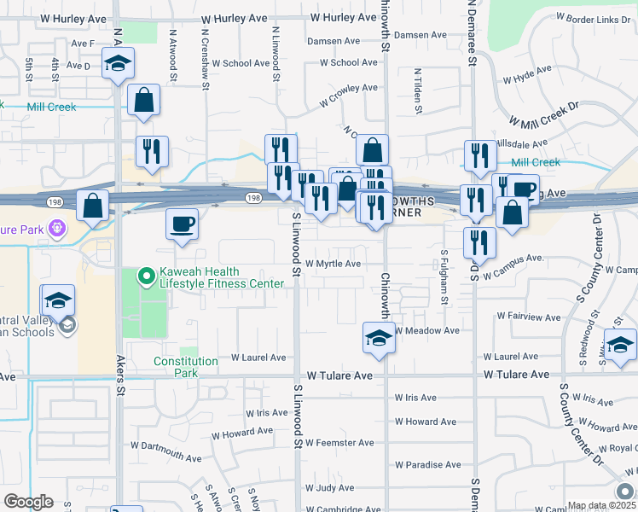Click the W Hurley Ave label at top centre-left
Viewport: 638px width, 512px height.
click(235, 18)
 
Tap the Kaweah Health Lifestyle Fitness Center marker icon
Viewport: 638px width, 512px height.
click(146, 276)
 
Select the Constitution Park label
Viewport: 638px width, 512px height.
click(187, 367)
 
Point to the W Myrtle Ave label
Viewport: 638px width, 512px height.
click(333, 265)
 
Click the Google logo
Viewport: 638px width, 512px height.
click(28, 502)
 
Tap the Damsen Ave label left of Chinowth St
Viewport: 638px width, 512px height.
click(333, 41)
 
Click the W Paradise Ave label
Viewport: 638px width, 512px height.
click(427, 465)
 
